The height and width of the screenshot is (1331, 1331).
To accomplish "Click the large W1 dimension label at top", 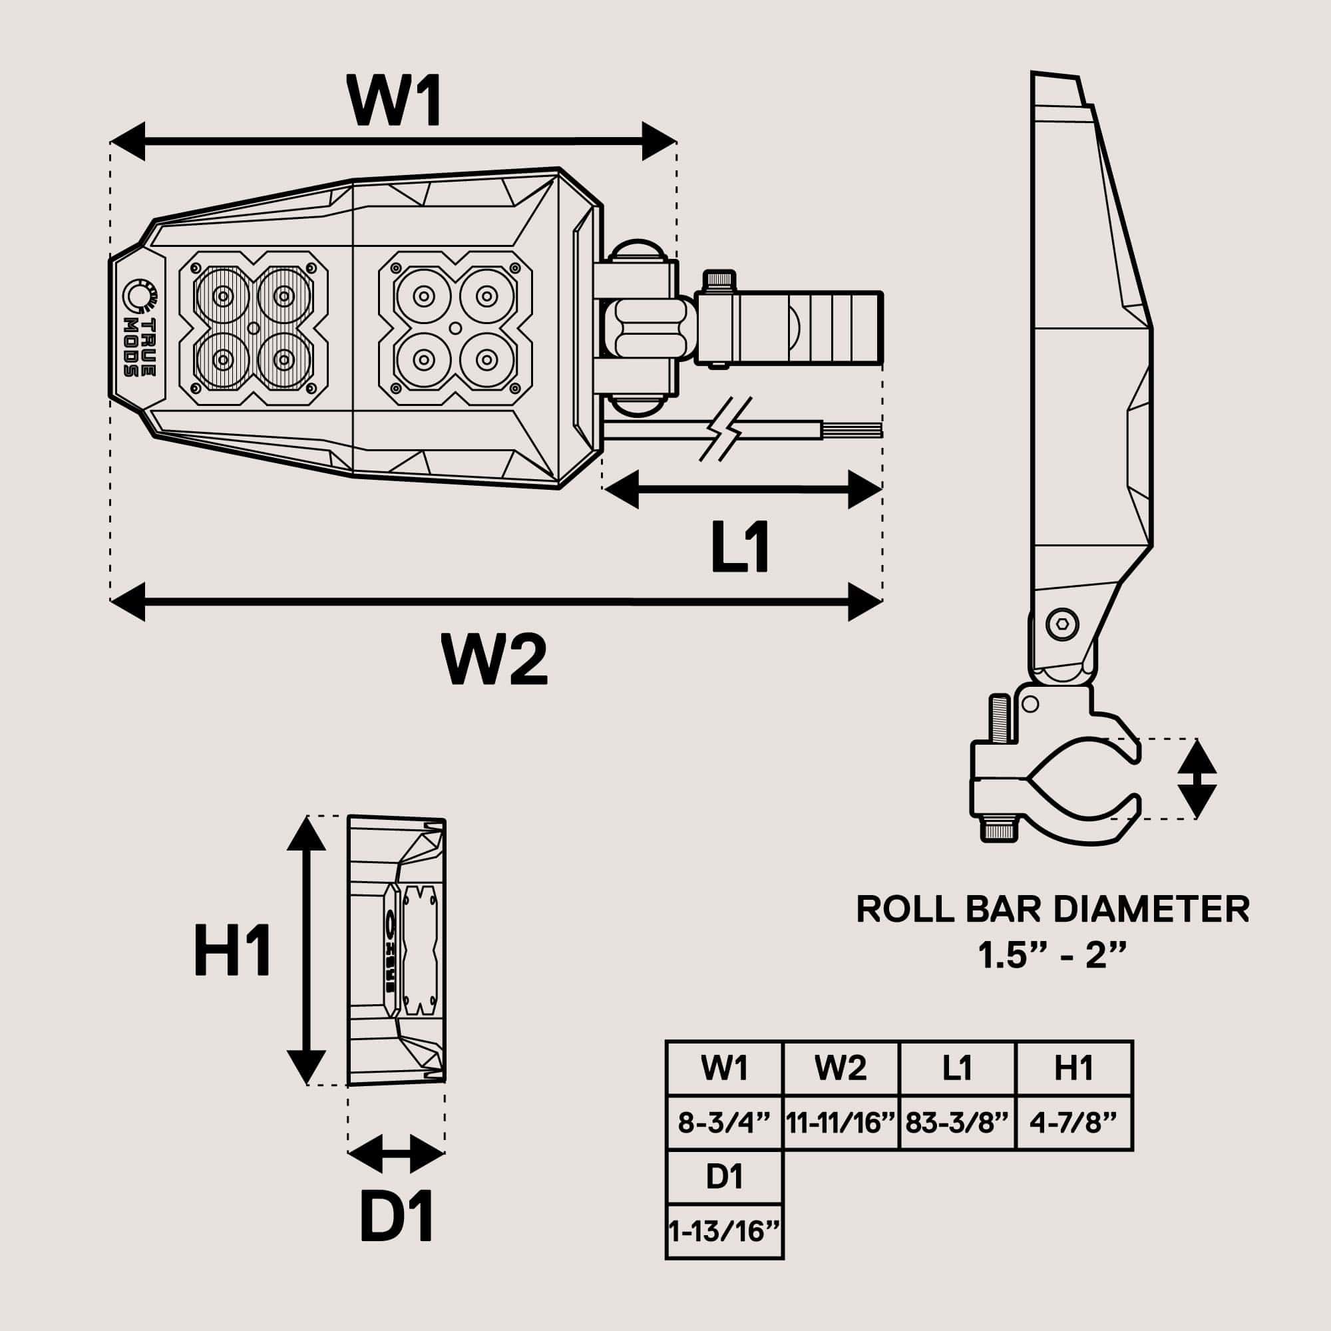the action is [x=394, y=100].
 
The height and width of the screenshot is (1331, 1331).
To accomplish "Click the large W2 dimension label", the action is [x=495, y=660].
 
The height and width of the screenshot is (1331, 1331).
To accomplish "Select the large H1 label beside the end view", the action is [x=233, y=952].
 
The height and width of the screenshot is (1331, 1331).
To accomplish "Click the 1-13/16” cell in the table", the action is [x=724, y=1231].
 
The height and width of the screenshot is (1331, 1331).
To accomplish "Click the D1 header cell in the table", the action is [x=724, y=1177].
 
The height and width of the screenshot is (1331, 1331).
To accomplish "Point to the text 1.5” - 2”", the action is [x=1053, y=956].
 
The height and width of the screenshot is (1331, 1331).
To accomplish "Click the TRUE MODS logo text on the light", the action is [x=139, y=347].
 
